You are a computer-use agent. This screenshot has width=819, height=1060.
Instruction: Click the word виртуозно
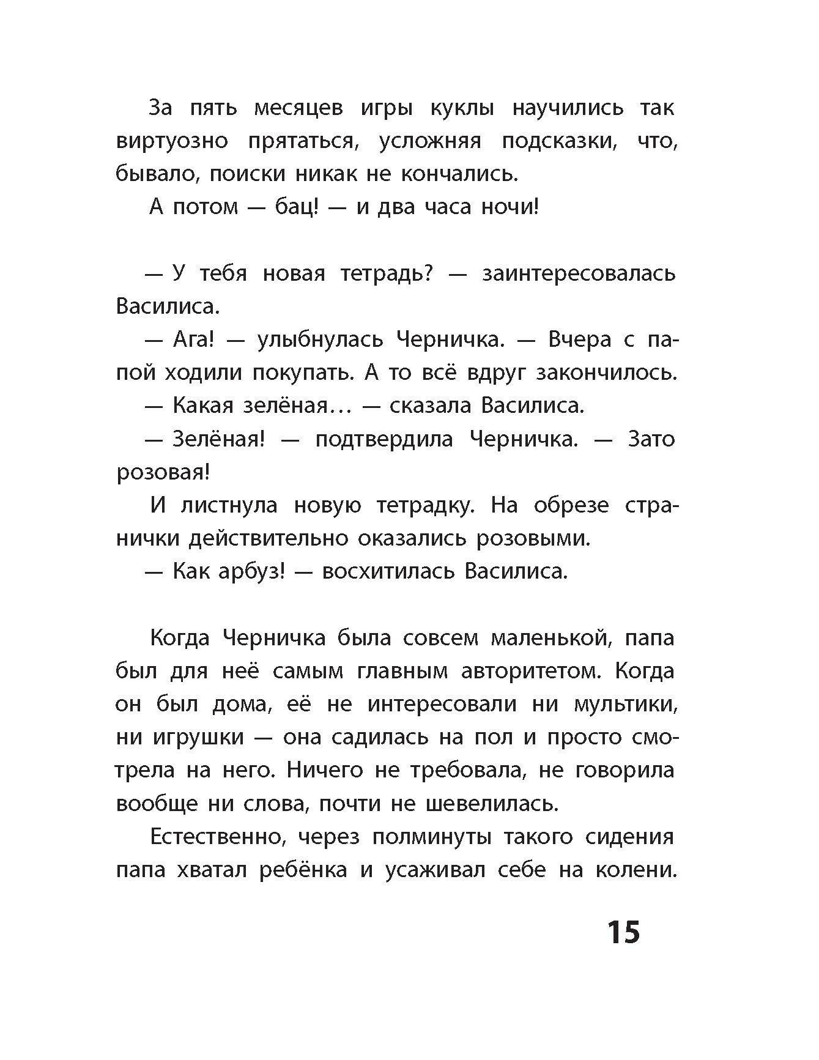click(172, 141)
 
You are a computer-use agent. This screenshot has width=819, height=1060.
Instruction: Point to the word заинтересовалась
click(579, 273)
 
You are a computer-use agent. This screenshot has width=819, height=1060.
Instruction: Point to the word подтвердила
click(384, 439)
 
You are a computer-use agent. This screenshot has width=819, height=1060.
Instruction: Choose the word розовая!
click(163, 473)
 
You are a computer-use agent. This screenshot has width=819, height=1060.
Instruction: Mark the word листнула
click(229, 506)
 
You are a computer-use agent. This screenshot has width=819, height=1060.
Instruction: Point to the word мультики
click(625, 705)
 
